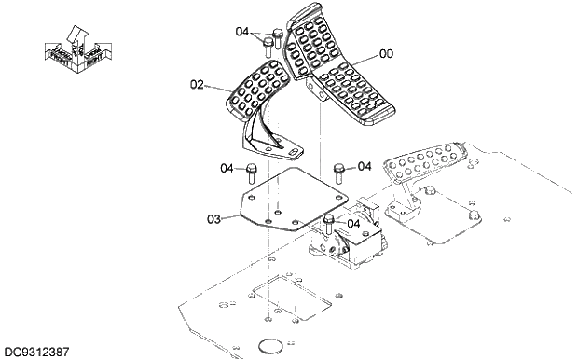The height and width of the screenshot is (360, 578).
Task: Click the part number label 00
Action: coord(385,54)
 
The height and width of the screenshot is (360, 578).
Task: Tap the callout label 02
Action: coord(197,85)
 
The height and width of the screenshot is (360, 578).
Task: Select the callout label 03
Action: coord(213,220)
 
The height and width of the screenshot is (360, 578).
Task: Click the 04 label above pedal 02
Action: coord(242,32)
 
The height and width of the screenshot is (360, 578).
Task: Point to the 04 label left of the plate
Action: coord(227,169)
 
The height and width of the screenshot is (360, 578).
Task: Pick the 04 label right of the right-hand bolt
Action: coord(365,166)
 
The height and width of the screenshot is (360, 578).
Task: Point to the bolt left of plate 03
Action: coord(252,173)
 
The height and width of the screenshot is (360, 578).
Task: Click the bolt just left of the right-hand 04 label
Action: coord(340,170)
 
